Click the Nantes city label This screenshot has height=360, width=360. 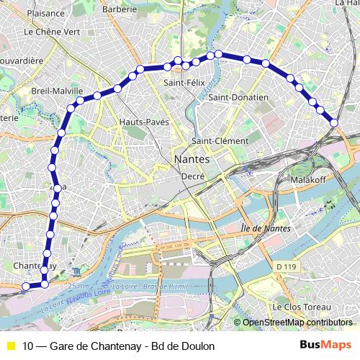click(192, 158)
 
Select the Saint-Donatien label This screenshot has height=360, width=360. click(238, 97)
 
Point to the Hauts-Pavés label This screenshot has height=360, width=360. click(144, 122)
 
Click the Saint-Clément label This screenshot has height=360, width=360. click(220, 141)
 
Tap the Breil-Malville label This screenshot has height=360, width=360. click(57, 91)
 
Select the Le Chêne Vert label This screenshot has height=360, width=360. click(52, 32)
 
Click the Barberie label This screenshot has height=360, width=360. click(119, 9)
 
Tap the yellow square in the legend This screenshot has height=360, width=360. click(10, 346)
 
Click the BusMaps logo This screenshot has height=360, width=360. click(326, 346)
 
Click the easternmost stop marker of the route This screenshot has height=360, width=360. click(334, 123)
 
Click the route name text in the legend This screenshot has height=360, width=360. click(119, 346)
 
